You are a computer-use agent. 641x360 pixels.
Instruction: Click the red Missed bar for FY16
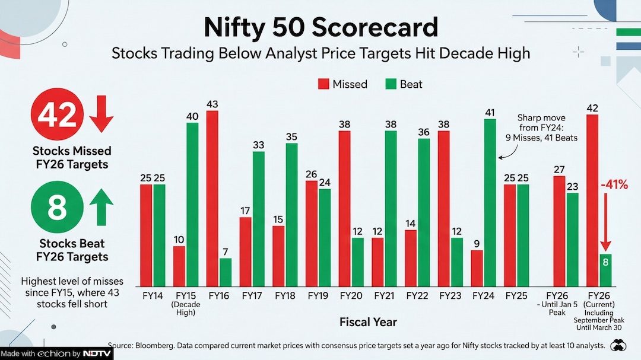[212, 199]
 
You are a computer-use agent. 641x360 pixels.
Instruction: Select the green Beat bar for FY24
[490, 203]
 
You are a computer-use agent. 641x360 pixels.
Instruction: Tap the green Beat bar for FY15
[192, 205]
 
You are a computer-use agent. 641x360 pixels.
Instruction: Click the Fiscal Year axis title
[368, 322]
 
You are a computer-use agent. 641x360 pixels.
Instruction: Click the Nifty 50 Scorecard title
[320, 27]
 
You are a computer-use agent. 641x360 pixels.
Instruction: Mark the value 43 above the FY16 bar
[212, 104]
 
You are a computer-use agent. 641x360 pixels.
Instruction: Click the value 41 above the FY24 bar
[490, 112]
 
